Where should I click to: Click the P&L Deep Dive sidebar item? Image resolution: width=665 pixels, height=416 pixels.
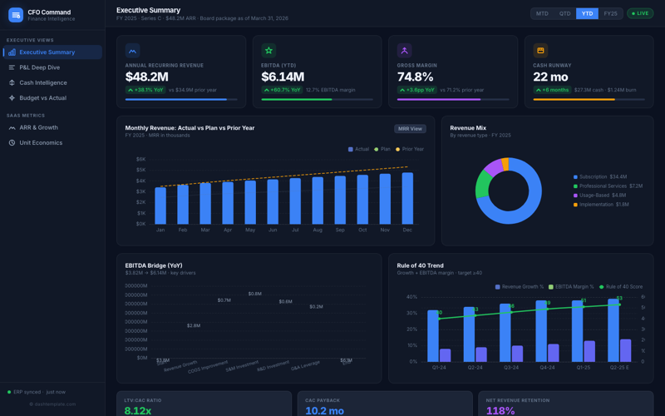(39, 67)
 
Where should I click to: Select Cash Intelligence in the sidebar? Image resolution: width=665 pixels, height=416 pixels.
(42, 82)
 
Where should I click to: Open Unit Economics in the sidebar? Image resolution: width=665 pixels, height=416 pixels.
(41, 143)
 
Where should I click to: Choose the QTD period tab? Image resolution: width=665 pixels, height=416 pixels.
(564, 14)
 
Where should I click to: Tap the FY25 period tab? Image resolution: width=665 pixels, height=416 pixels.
(610, 14)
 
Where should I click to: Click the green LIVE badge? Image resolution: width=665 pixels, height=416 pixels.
(640, 14)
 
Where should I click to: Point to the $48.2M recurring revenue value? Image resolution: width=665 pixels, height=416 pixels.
(147, 77)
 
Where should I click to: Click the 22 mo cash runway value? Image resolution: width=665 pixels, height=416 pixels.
(550, 77)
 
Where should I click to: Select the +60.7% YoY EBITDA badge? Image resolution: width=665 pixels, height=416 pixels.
(282, 90)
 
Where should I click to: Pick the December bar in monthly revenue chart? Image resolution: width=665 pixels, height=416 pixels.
(407, 198)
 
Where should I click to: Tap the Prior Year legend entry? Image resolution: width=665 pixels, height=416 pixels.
(410, 150)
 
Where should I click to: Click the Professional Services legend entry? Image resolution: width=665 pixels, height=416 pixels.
(610, 186)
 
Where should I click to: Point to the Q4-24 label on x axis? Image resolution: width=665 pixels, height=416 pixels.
(547, 367)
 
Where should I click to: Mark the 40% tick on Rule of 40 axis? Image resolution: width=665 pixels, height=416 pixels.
(411, 297)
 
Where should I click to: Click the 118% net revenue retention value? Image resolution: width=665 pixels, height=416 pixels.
(500, 410)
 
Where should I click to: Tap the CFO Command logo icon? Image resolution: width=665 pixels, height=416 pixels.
(16, 15)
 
